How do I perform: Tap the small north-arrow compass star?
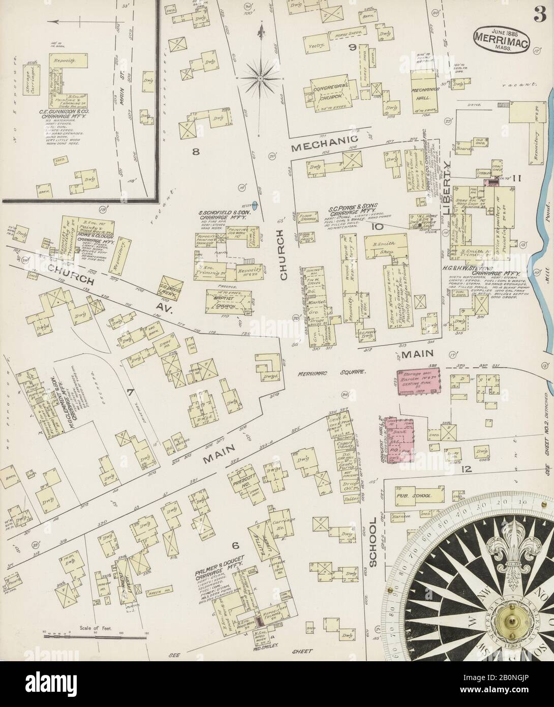(260, 78)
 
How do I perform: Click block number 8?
(195, 150)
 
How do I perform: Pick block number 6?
(235, 546)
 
